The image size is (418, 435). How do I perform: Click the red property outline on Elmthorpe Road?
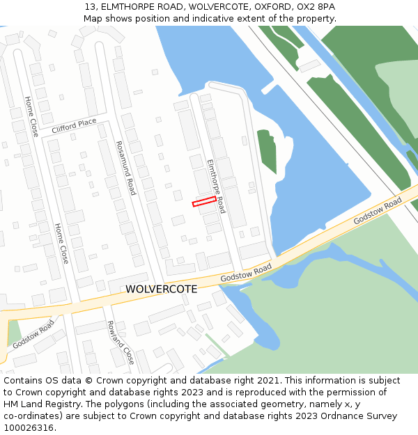coord(204,201)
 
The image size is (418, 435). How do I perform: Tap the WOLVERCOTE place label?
coord(161,289)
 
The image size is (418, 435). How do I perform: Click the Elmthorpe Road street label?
coord(216,185)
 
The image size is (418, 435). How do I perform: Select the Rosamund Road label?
coord(126,168)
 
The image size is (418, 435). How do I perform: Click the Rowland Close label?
coord(120,342)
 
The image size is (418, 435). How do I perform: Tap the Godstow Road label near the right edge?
coord(378,210)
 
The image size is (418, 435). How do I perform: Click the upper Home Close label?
coord(32,116)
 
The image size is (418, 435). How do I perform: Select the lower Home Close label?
coord(62,243)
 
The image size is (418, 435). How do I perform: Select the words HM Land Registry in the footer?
coord(38,404)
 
